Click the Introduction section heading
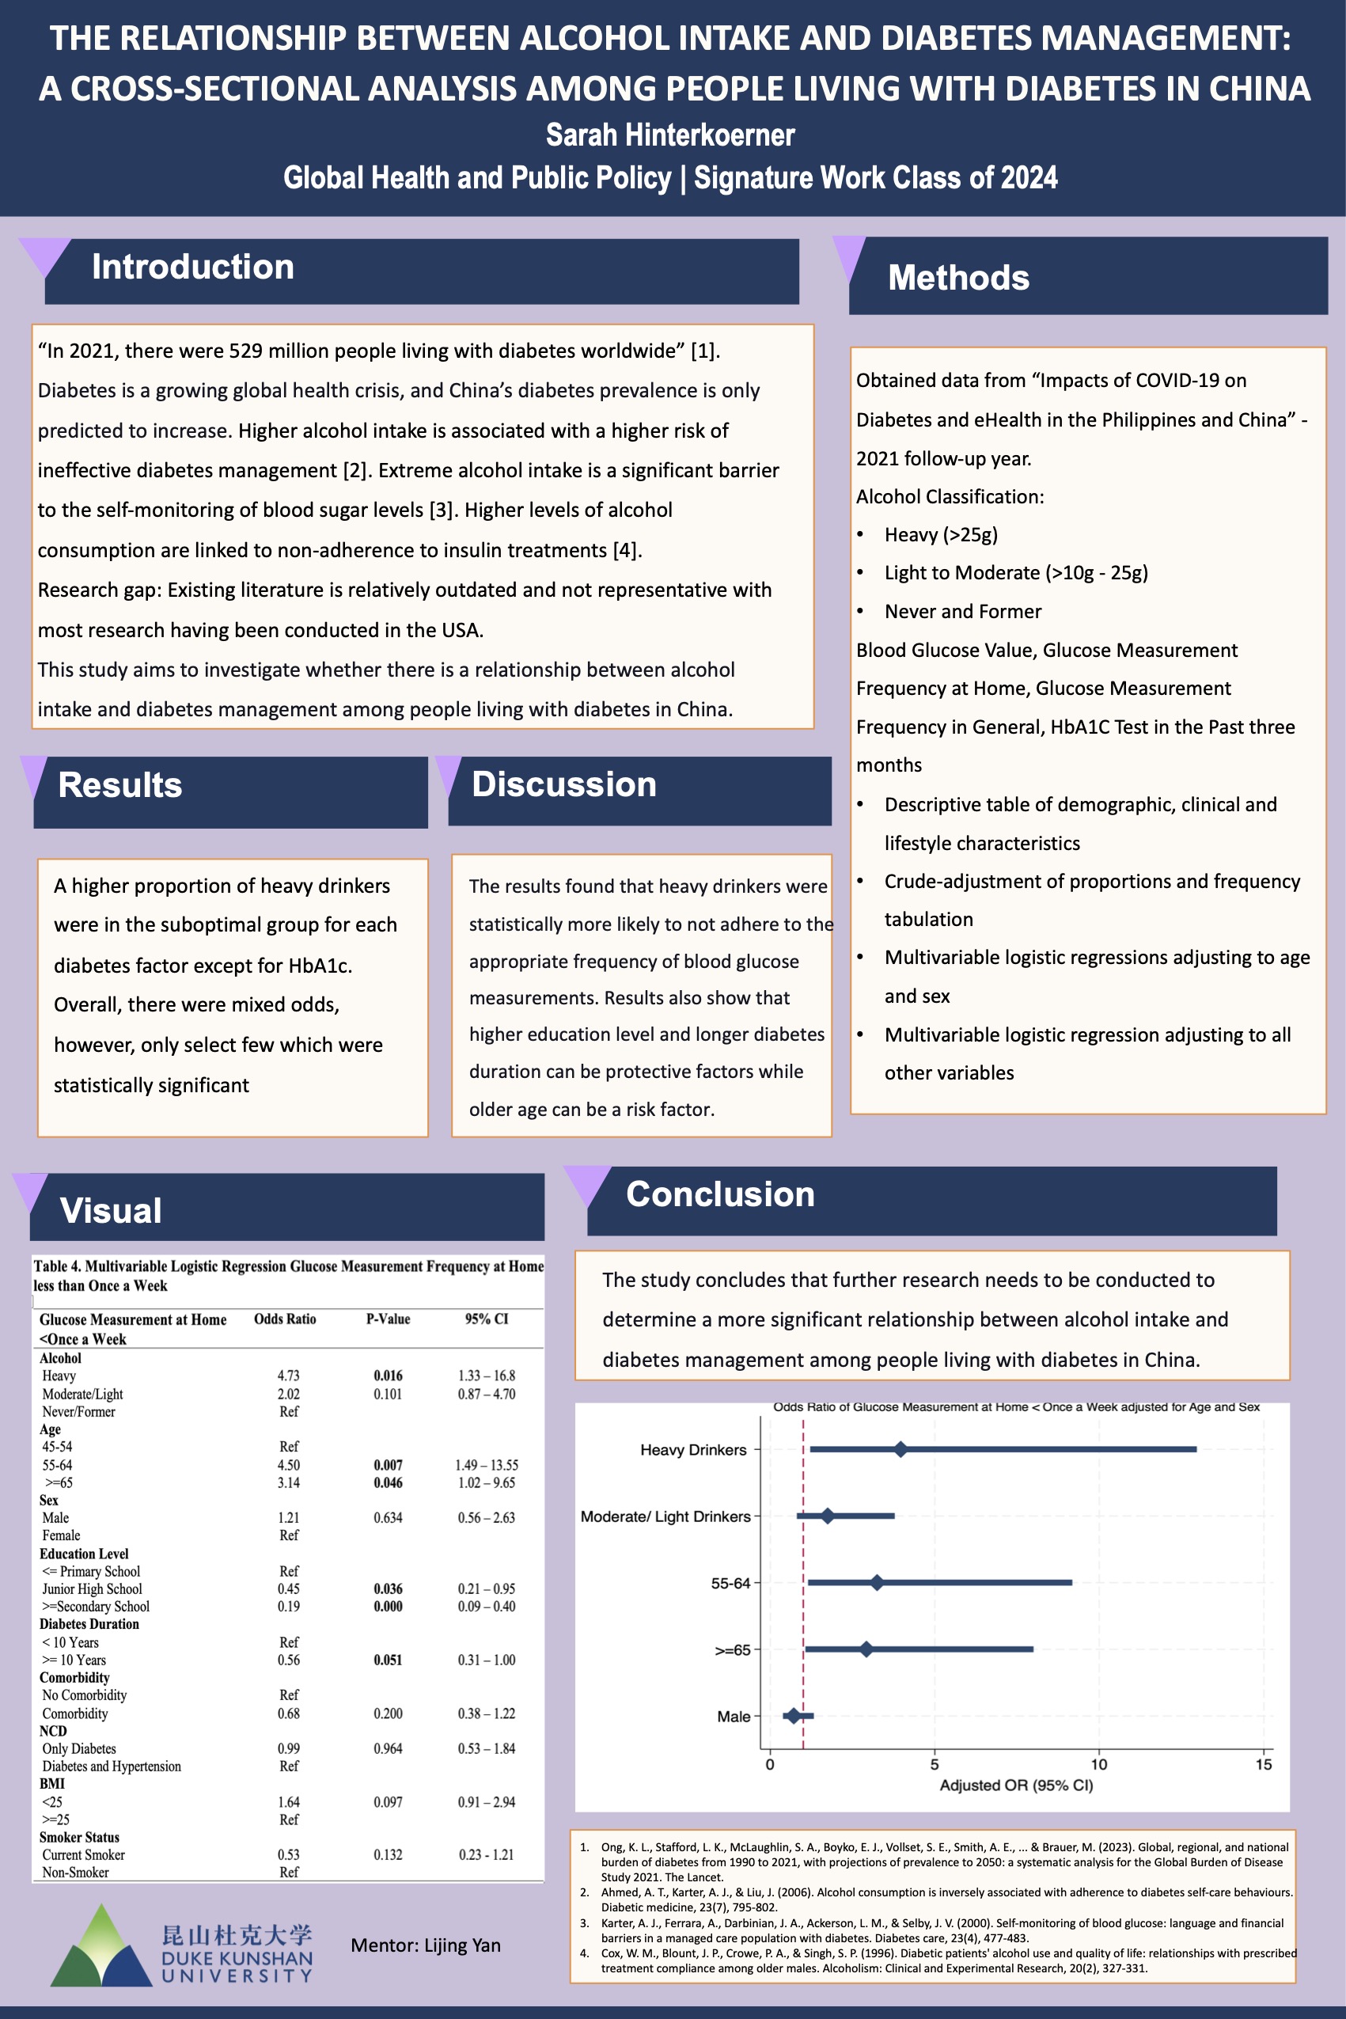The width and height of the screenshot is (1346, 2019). [192, 267]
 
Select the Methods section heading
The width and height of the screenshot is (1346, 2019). [958, 278]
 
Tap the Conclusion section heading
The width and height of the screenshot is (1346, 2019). [719, 1195]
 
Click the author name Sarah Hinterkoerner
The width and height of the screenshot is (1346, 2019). [670, 135]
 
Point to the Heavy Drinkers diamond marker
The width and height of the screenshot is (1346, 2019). [900, 1450]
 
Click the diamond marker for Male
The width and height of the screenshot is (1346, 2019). [792, 1716]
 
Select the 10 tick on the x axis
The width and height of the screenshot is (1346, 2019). [1099, 1765]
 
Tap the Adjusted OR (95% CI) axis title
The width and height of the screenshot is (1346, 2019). [1015, 1786]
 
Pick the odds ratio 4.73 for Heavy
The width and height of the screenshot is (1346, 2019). [288, 1376]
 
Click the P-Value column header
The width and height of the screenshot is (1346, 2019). [388, 1319]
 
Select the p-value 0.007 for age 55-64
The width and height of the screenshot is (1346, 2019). [388, 1465]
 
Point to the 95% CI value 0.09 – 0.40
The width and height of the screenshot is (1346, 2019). [486, 1606]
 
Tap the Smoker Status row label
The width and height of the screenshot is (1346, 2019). [79, 1837]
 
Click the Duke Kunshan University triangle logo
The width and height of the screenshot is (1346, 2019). [101, 1947]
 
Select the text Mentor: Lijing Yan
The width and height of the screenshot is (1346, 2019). [425, 1945]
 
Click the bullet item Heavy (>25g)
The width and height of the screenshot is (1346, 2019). [941, 535]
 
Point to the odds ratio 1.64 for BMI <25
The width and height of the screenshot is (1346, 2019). [288, 1802]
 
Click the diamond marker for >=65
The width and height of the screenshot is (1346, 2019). [866, 1649]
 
